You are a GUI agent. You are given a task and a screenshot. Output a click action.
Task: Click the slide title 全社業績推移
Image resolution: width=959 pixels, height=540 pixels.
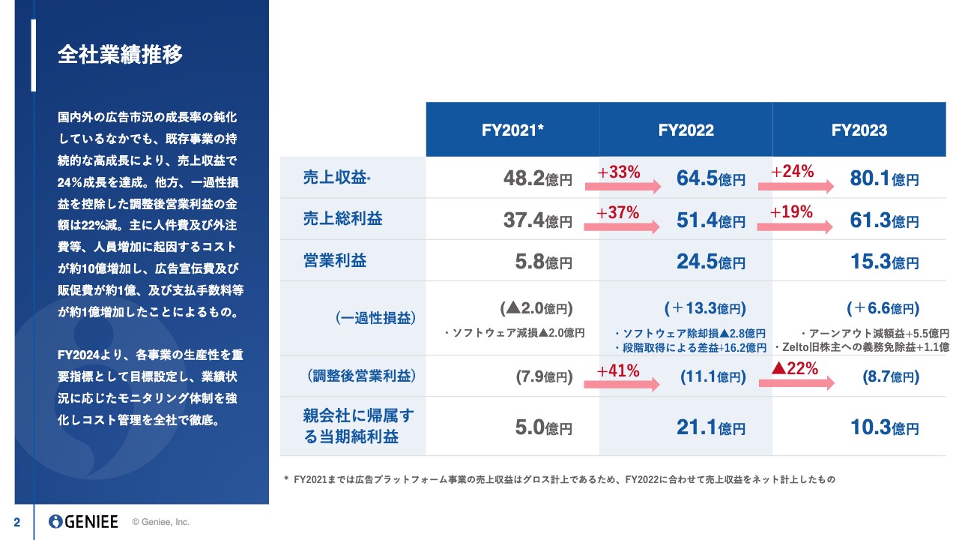(120, 55)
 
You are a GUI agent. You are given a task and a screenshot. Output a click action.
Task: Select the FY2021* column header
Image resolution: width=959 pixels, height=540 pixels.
(512, 130)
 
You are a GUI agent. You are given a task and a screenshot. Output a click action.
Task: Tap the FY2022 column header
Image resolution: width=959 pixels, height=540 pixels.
(686, 130)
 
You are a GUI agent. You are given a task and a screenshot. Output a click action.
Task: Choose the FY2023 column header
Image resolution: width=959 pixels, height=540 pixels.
(859, 130)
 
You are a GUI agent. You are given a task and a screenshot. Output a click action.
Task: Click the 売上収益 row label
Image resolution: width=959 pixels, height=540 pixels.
(338, 178)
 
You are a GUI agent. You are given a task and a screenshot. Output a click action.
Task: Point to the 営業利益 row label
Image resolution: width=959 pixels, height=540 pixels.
(335, 260)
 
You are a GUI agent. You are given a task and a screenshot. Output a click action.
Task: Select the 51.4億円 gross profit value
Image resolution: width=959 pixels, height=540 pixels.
(710, 220)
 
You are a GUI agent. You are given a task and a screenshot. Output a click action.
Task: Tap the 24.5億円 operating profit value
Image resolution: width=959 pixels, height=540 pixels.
(710, 262)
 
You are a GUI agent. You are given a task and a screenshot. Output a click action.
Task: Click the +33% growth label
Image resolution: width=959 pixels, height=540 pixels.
(618, 172)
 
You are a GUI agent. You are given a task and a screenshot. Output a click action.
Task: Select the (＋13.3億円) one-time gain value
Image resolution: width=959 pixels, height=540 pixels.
(705, 308)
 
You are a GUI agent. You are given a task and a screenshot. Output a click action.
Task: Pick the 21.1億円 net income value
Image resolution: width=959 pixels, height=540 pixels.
(710, 427)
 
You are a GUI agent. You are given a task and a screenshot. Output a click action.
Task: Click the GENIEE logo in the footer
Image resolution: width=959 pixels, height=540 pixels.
(83, 522)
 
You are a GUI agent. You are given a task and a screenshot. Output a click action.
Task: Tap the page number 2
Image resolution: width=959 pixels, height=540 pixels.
(16, 522)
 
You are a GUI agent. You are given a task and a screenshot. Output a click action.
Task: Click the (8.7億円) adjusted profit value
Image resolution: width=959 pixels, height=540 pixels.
(891, 376)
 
